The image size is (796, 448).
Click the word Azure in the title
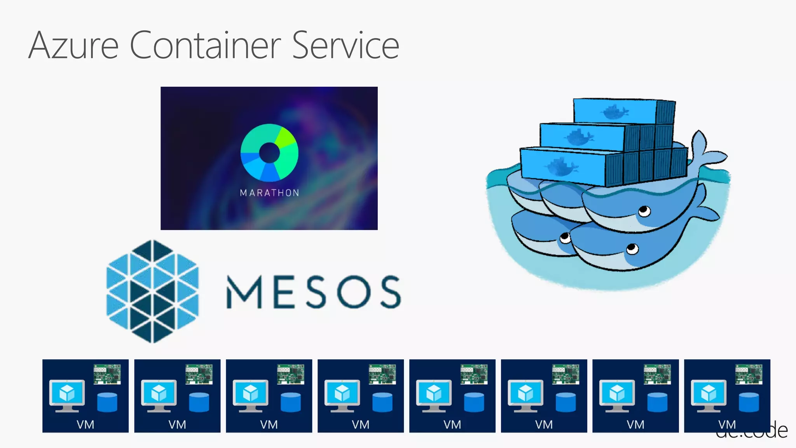pos(73,46)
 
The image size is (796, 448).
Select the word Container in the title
pos(205,46)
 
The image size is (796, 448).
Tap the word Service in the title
pos(346,46)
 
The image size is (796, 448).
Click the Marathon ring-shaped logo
pos(269,153)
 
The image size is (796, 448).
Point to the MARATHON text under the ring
pos(269,193)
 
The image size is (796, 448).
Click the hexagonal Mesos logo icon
pos(153,291)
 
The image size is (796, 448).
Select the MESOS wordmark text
pos(313,292)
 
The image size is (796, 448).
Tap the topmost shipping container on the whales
pos(623,112)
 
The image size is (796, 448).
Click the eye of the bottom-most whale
pos(632,248)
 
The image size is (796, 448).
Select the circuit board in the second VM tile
pos(199,374)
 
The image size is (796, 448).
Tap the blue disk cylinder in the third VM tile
pos(290,402)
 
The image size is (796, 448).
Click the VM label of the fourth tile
pos(360,424)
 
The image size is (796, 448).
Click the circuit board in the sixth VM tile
pos(566,374)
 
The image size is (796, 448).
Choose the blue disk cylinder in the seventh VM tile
pos(657,402)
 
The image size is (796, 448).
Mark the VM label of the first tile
pos(86,424)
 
